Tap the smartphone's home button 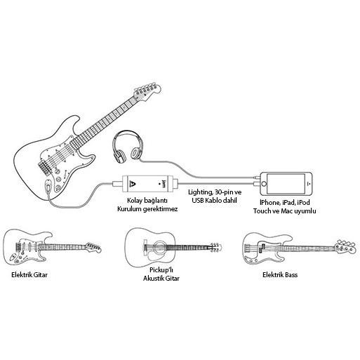point(264,184)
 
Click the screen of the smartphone point(286,184)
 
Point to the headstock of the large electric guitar point(147,91)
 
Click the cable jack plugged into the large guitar point(48,186)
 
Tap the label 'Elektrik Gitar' point(29,274)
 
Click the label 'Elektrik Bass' point(280,274)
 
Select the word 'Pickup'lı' point(161,270)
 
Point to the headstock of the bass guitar point(345,247)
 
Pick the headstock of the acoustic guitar point(215,247)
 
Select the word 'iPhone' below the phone point(269,203)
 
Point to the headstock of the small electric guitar point(93,248)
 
